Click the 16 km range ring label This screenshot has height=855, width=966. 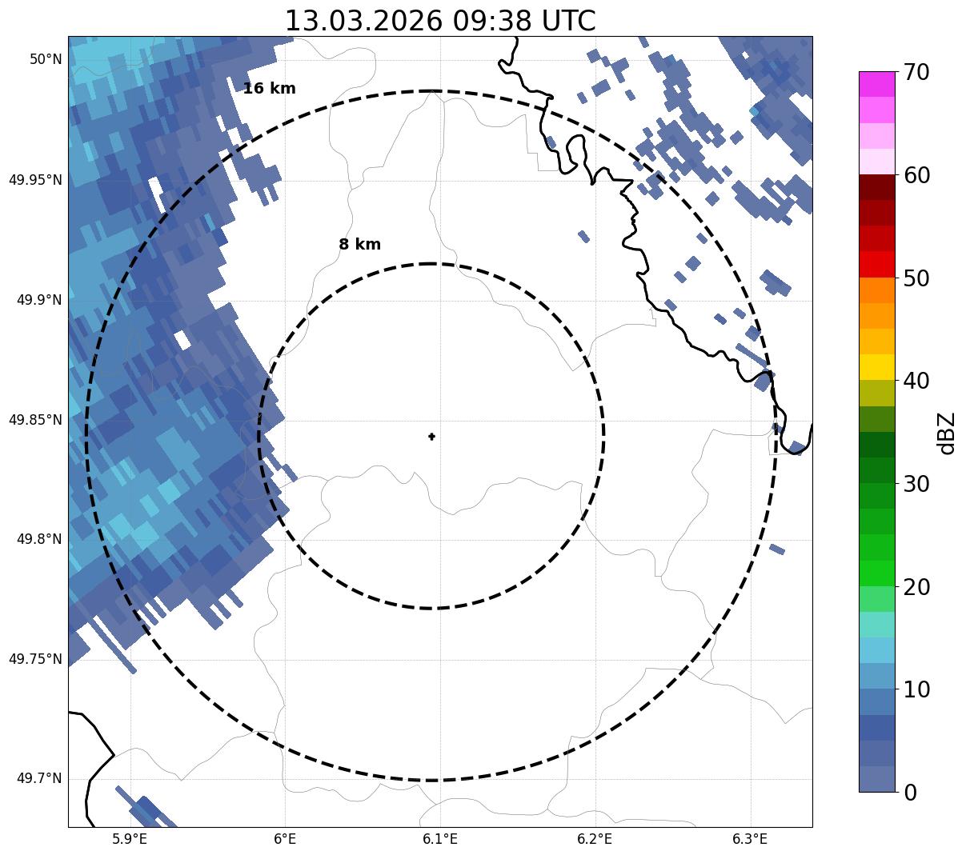click(269, 89)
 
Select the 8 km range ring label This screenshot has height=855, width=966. click(359, 245)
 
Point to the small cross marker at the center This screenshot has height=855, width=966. click(432, 437)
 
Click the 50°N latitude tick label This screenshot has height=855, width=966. click(46, 59)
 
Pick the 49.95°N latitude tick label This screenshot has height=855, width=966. click(35, 180)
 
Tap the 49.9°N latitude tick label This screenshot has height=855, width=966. click(39, 300)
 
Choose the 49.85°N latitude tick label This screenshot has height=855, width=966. click(35, 420)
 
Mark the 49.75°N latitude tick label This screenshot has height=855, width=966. click(35, 659)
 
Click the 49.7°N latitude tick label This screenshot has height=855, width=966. click(39, 779)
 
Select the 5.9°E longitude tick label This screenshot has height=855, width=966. click(130, 839)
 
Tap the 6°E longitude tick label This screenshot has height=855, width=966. click(285, 839)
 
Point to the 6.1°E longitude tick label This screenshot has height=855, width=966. click(440, 839)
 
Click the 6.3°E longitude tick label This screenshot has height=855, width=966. click(750, 839)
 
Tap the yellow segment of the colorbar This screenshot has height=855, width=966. click(876, 367)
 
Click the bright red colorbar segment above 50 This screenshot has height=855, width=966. click(876, 265)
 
